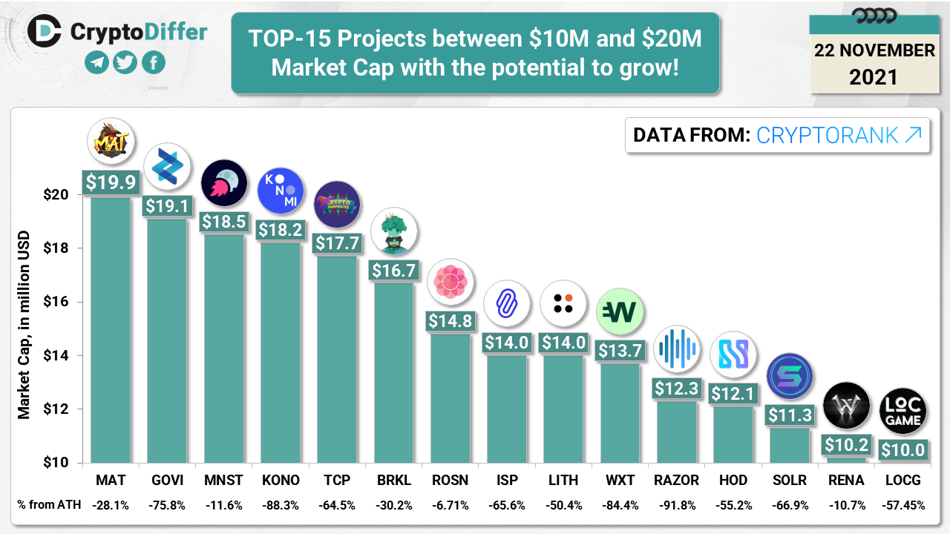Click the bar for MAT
point(111,330)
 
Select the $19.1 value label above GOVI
point(167,206)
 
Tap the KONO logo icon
point(281,190)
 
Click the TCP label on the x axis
point(337,481)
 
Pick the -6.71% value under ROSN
point(450,505)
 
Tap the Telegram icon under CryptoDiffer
point(96,62)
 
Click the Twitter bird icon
point(125,62)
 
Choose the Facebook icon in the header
point(154,62)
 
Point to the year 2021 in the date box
point(873,77)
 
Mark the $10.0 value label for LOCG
point(902,450)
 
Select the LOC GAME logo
point(902,411)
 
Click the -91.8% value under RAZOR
point(675,505)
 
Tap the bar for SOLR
point(790,445)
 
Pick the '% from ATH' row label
point(47,505)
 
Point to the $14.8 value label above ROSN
point(450,321)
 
